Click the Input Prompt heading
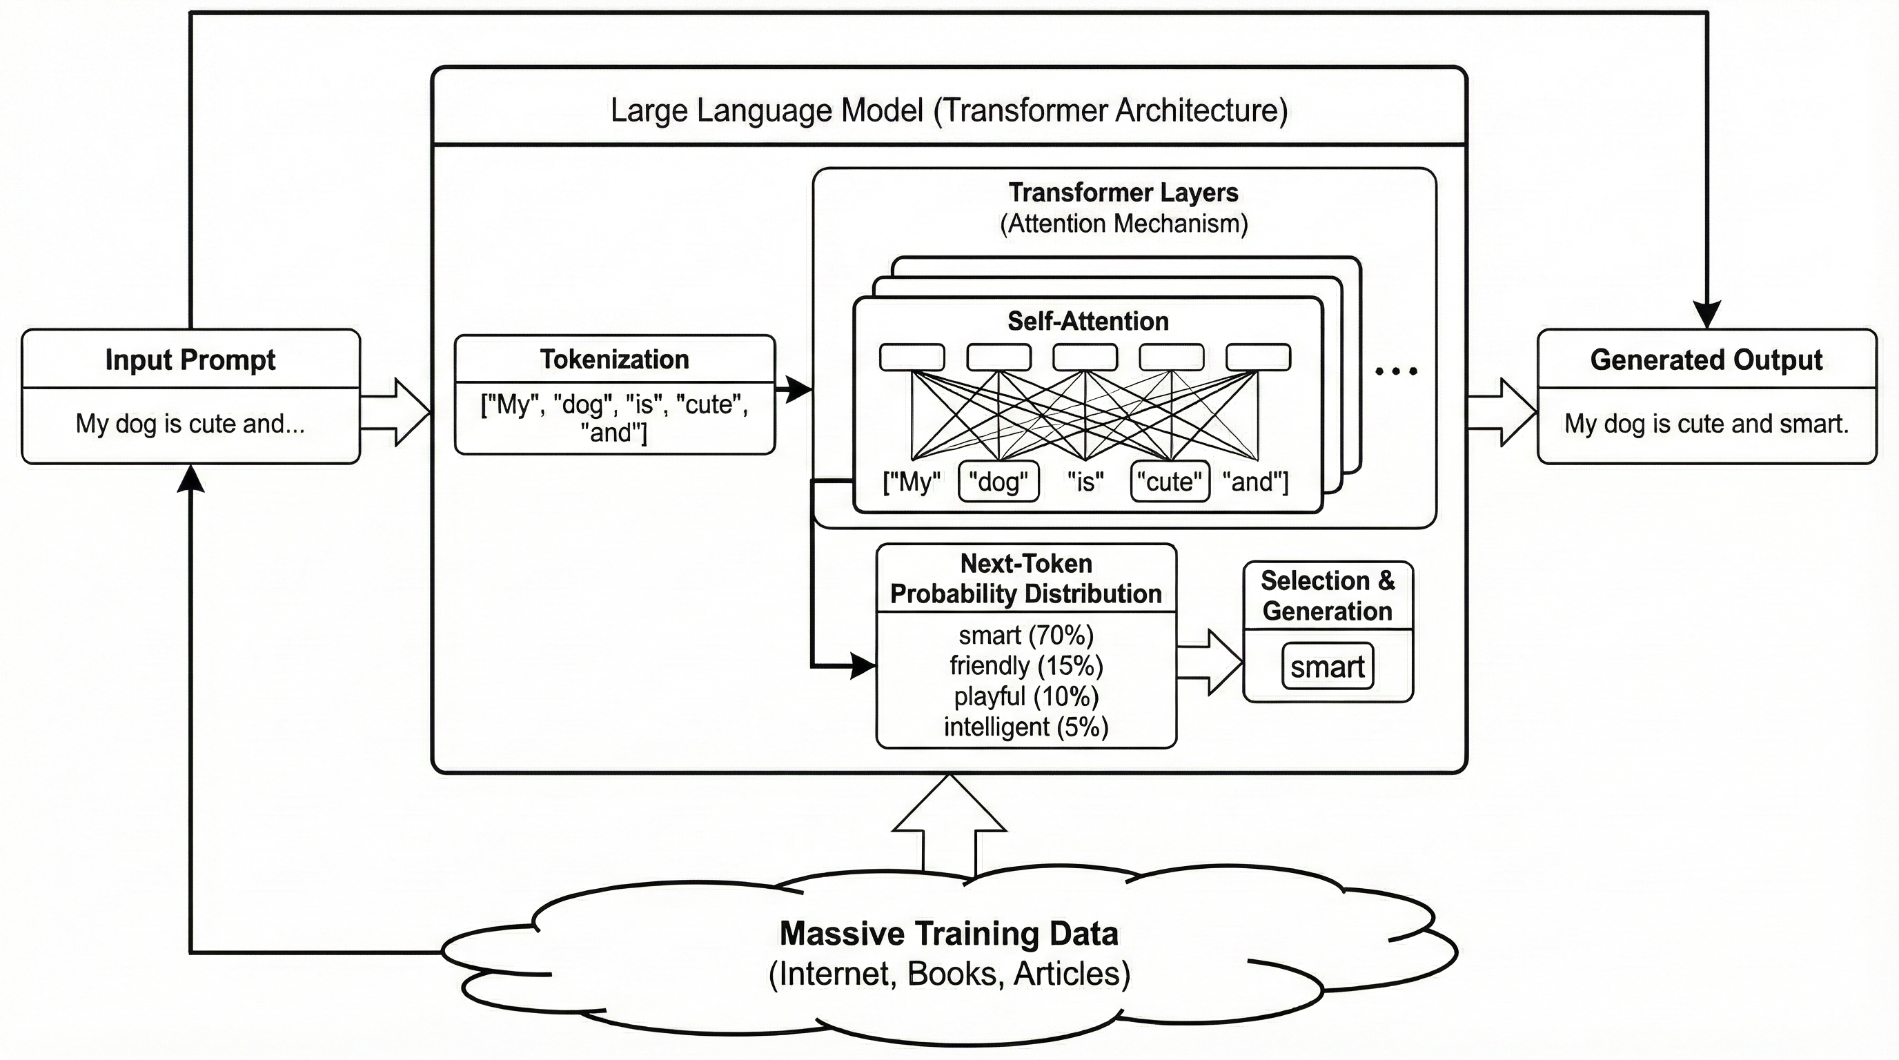(190, 360)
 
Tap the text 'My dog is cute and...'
(190, 424)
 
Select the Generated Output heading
(1706, 360)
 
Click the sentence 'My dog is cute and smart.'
(1706, 424)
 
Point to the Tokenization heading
(614, 360)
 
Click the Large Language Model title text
(949, 110)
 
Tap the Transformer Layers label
(1123, 193)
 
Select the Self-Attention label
(1088, 322)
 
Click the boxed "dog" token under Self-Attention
(998, 482)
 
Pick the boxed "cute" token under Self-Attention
(1170, 482)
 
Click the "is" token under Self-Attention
(1085, 482)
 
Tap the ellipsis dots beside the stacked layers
(1395, 371)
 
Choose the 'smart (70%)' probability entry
(1026, 636)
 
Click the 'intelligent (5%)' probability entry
(1026, 727)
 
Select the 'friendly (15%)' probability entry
(1026, 667)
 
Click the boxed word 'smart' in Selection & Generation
(1327, 667)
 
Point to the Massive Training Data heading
(949, 934)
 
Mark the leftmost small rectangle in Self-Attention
(912, 357)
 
